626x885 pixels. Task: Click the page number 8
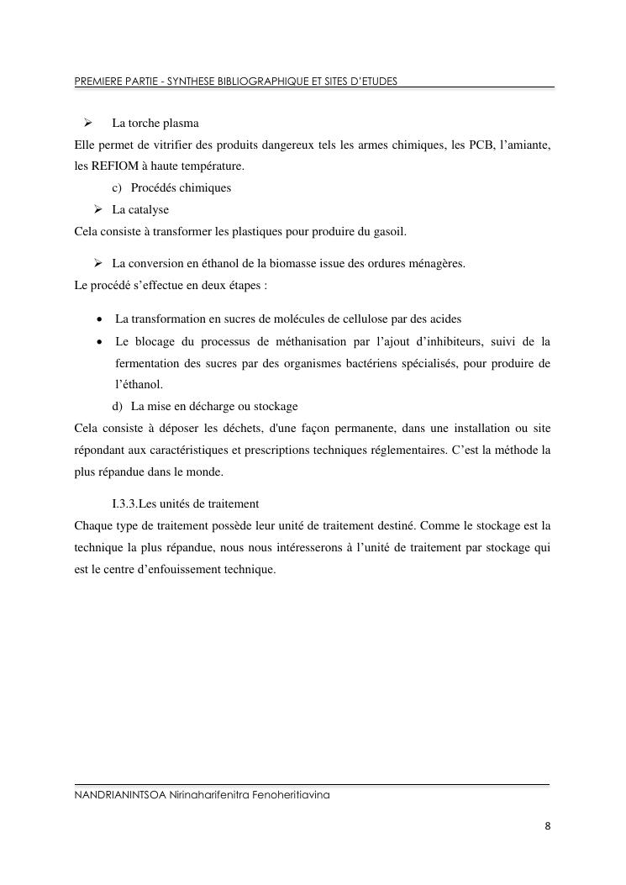pos(547,826)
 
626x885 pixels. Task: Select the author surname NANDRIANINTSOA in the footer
pos(119,794)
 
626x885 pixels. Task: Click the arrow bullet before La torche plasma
pos(86,124)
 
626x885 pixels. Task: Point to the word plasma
pos(181,124)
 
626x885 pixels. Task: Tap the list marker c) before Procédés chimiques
pos(117,187)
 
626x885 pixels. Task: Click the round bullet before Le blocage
pos(100,341)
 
